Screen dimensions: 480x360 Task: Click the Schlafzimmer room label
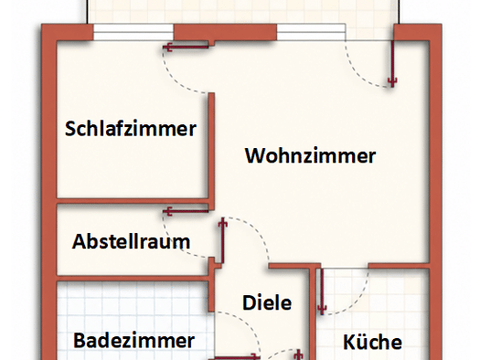click(131, 129)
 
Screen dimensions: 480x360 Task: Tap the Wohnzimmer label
click(311, 155)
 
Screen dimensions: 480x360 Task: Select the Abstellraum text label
click(131, 241)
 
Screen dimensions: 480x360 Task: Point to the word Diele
click(267, 302)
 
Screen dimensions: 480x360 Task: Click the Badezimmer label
click(134, 341)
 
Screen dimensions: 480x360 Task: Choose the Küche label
click(372, 342)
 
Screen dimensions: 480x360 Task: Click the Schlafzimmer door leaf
click(186, 48)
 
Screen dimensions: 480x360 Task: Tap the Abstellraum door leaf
click(186, 211)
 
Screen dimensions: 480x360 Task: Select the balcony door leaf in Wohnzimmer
click(392, 63)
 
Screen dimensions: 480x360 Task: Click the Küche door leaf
click(322, 291)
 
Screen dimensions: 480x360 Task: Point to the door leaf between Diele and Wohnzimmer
click(223, 240)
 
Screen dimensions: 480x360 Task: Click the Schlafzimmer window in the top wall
click(133, 32)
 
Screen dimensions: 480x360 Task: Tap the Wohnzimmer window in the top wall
click(312, 32)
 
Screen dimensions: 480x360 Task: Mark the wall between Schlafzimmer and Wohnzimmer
click(211, 146)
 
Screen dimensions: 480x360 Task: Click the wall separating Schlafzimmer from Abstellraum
click(133, 201)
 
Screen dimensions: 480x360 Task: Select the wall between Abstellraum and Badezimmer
click(133, 278)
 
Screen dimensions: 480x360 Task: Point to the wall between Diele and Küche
click(313, 312)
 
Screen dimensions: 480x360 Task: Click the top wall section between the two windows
click(225, 32)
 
